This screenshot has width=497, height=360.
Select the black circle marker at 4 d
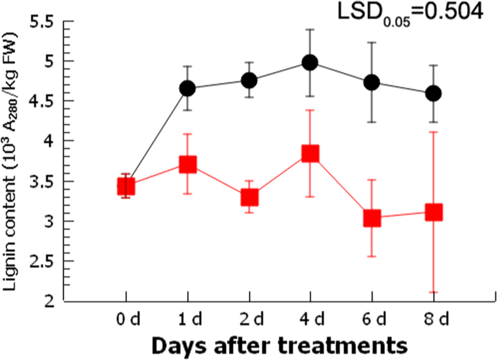point(310,62)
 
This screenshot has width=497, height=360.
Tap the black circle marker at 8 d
point(434,94)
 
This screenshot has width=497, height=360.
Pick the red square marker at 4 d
point(310,153)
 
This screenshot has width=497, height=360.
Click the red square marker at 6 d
point(372,218)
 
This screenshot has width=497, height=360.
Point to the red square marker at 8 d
point(434,212)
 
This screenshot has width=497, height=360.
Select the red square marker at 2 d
point(249,197)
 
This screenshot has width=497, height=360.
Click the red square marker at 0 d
point(126,186)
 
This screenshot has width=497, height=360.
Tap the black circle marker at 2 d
point(249,81)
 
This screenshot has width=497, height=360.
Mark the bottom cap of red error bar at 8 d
point(434,292)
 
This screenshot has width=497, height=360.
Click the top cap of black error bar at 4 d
point(310,29)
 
